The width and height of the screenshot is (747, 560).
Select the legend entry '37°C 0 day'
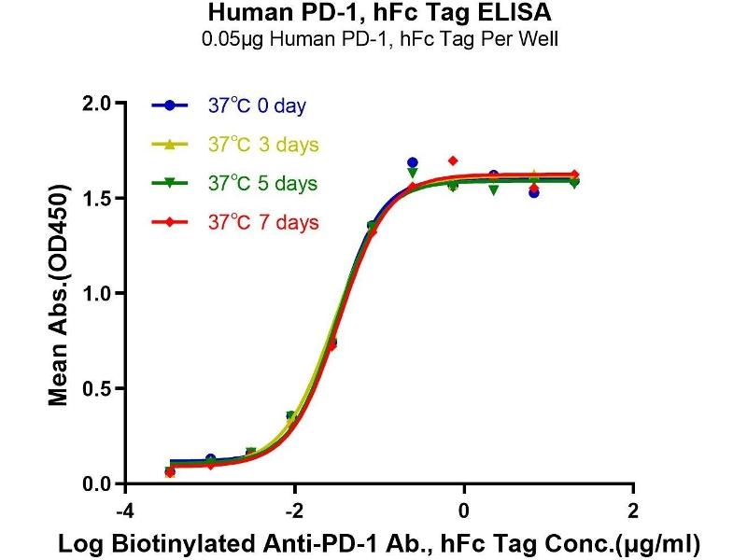pyautogui.click(x=256, y=105)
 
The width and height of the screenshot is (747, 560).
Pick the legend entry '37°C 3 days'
pyautogui.click(x=262, y=145)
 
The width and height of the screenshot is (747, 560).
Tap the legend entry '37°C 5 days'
pyautogui.click(x=262, y=183)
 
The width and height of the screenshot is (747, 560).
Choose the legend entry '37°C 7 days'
pyautogui.click(x=262, y=222)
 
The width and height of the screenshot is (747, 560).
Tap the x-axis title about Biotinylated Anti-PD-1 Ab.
pyautogui.click(x=379, y=542)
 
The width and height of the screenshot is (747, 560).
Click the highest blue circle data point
pyautogui.click(x=413, y=162)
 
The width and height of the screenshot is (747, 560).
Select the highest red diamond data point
pyautogui.click(x=453, y=161)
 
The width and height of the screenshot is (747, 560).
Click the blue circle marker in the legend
pyautogui.click(x=170, y=105)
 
